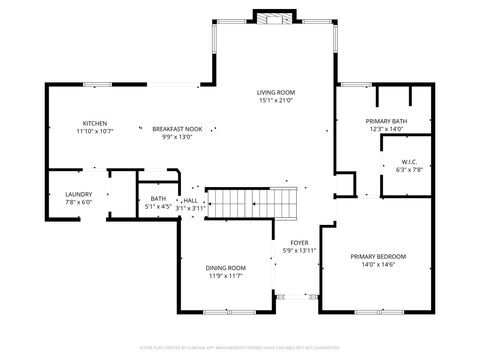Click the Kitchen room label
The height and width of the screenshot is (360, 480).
point(95,123)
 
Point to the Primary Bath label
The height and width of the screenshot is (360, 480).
point(384,121)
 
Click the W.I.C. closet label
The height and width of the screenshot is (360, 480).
point(409,162)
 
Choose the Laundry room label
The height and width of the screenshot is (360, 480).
point(79,194)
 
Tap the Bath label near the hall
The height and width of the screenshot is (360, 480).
point(159,199)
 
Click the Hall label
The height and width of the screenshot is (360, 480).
point(190,200)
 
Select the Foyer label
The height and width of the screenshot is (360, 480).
point(299,243)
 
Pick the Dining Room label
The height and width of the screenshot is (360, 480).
point(226,268)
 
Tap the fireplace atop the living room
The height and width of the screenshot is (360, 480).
point(273,17)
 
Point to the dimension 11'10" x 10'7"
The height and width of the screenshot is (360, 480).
point(95,131)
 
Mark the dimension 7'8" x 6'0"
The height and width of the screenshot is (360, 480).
point(79,202)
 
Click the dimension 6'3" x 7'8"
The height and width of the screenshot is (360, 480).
point(409,170)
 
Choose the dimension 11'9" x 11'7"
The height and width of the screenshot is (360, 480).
point(226,276)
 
